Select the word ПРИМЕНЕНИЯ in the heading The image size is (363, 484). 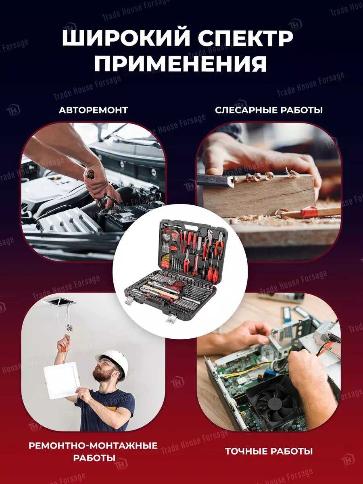pos(181,64)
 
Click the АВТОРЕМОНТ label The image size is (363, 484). pos(93,110)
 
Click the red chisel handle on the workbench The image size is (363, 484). pos(310,212)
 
